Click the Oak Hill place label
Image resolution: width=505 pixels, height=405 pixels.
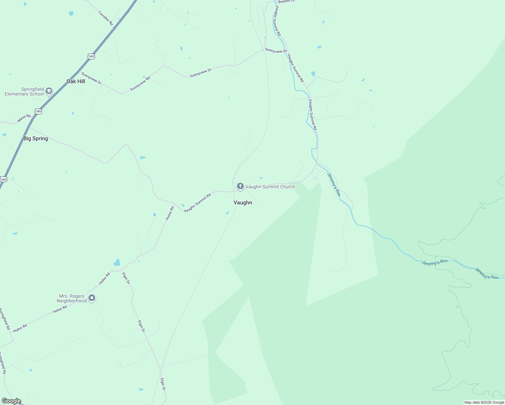(x=76, y=81)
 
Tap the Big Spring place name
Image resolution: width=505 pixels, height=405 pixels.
(x=35, y=138)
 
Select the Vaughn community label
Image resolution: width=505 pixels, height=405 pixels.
(x=243, y=202)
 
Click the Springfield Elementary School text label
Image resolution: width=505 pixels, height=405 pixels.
(x=24, y=92)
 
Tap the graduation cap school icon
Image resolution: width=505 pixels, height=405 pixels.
(x=49, y=91)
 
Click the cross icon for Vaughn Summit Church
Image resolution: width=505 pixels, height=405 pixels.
(x=240, y=186)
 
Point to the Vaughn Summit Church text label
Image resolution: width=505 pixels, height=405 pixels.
(x=270, y=187)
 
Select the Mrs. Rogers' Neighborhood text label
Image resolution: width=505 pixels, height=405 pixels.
(x=72, y=299)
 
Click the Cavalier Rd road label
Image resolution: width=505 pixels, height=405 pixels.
(x=106, y=18)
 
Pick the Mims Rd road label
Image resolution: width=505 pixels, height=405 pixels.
(x=24, y=118)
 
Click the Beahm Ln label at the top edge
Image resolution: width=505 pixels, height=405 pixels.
(x=286, y=2)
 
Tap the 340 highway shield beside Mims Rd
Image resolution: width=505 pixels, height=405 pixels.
(x=38, y=111)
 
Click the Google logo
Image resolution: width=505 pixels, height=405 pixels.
(x=11, y=401)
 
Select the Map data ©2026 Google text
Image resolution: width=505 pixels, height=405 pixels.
(x=484, y=402)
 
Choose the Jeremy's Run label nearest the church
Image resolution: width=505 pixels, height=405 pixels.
(x=333, y=184)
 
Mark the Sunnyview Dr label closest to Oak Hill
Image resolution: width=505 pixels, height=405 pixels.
(x=91, y=78)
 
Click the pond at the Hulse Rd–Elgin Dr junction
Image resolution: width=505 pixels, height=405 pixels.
(x=117, y=262)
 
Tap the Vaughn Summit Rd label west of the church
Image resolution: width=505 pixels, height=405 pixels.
(x=197, y=203)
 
